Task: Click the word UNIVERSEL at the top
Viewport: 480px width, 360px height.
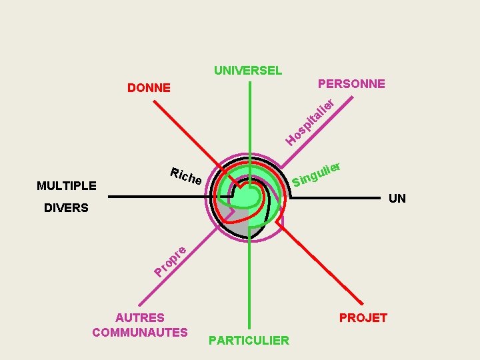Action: (x=248, y=70)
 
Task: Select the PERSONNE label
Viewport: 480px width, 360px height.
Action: (x=351, y=84)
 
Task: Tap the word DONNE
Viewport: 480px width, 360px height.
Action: (x=149, y=87)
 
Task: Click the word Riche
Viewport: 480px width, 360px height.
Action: (x=185, y=176)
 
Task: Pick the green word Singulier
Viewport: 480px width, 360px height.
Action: (x=317, y=173)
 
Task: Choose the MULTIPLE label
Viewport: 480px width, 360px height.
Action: (x=67, y=185)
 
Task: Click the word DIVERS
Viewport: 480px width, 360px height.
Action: (x=66, y=208)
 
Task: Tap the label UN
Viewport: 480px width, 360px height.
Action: (x=397, y=199)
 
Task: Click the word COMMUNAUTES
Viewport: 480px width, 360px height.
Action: (x=140, y=332)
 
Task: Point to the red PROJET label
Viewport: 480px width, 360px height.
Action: (x=363, y=318)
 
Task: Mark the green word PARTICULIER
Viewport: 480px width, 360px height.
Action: (x=249, y=341)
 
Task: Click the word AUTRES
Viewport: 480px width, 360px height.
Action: (x=140, y=318)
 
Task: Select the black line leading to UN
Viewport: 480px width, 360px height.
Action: (x=333, y=197)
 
